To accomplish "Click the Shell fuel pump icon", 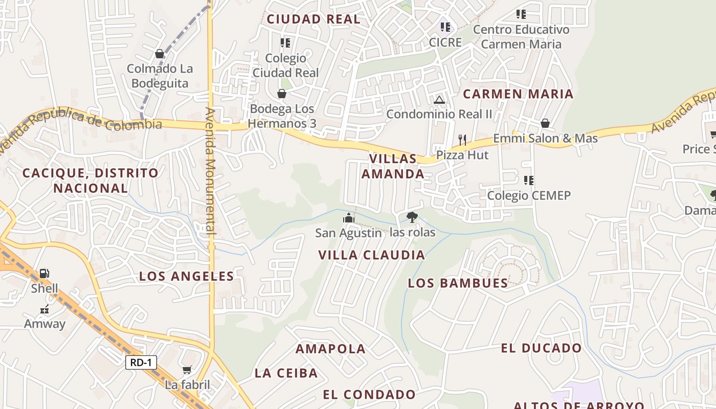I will (x=44, y=274).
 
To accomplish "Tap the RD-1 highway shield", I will (x=141, y=362).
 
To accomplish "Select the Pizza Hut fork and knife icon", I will (x=462, y=139).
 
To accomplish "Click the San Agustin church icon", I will (x=349, y=218).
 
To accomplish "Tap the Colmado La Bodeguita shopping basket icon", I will (x=160, y=54).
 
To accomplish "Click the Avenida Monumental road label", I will (x=211, y=171).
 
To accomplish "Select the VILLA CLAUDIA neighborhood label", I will (x=371, y=255).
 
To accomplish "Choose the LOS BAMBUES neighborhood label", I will (x=458, y=283).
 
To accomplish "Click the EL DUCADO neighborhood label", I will (x=541, y=348).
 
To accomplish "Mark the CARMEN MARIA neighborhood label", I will (x=518, y=94).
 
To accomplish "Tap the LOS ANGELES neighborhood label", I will (x=187, y=276).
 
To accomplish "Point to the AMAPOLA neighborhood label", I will (x=330, y=349).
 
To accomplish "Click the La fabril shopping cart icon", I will (x=187, y=370).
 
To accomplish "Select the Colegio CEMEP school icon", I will (x=529, y=180).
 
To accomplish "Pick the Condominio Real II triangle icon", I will (x=439, y=100).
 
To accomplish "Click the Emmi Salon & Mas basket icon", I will (x=545, y=123).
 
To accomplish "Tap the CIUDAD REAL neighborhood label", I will (x=314, y=19).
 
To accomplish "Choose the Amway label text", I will (x=45, y=324).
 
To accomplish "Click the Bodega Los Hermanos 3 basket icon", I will (x=281, y=94).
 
